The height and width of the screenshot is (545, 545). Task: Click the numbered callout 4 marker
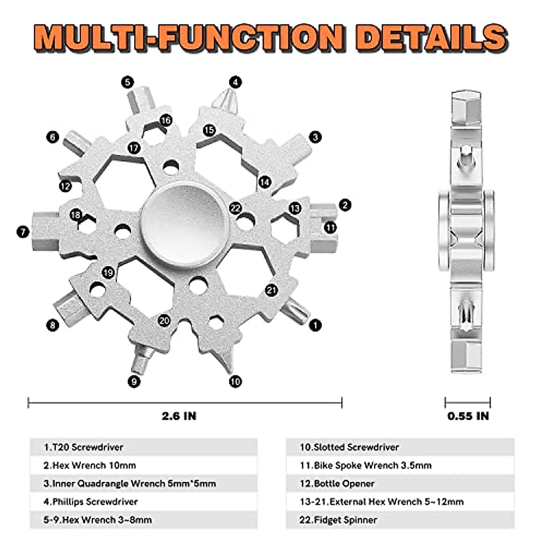click(x=235, y=82)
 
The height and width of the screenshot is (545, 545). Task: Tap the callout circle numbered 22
click(x=235, y=208)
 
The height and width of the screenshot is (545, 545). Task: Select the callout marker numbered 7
click(x=23, y=232)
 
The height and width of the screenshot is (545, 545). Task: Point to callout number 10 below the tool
click(x=235, y=381)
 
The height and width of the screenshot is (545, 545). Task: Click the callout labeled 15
click(x=209, y=130)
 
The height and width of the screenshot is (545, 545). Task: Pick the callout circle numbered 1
click(x=315, y=325)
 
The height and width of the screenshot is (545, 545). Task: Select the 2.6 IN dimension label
click(x=179, y=416)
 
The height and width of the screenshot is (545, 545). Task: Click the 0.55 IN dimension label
click(x=468, y=416)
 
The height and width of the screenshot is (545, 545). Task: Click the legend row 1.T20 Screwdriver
click(x=84, y=447)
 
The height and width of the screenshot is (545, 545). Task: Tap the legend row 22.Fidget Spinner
click(x=338, y=520)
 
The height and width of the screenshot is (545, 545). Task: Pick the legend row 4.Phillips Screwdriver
click(x=91, y=502)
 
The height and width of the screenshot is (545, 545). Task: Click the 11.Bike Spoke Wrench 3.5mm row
click(x=366, y=466)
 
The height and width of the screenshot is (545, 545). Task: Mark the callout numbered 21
click(x=271, y=290)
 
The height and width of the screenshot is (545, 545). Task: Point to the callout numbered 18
click(x=76, y=215)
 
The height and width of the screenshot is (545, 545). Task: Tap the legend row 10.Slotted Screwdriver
click(x=349, y=447)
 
